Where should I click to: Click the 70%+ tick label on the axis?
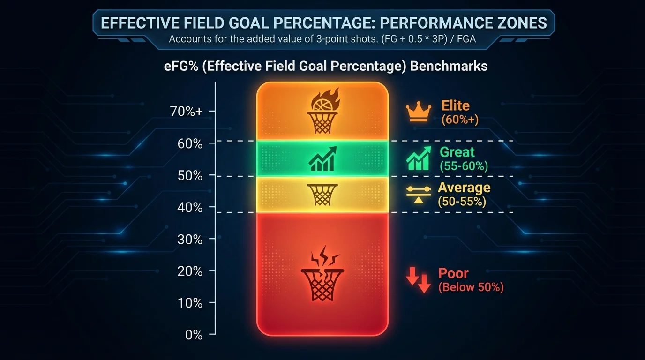[187, 112]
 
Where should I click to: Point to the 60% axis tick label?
[190, 143]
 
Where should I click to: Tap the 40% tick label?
[190, 207]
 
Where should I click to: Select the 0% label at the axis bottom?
[193, 335]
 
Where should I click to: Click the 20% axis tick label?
[190, 271]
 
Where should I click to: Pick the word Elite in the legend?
[455, 105]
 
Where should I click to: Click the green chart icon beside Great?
[418, 158]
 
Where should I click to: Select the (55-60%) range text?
[464, 166]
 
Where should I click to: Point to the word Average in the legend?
[464, 188]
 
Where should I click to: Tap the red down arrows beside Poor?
[418, 280]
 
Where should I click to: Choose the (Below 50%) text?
[471, 287]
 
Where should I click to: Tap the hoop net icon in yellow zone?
[322, 194]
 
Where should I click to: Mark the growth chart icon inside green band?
[322, 158]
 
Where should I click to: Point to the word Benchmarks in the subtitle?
[449, 66]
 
